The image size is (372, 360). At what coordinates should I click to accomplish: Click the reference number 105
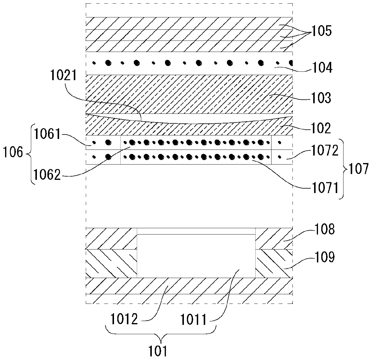321,31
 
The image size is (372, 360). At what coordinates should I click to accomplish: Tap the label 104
321,68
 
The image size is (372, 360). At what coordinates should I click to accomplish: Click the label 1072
324,151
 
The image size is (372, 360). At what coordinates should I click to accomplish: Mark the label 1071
324,188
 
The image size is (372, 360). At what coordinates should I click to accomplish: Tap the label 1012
124,319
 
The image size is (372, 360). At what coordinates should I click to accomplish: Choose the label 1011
193,319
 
